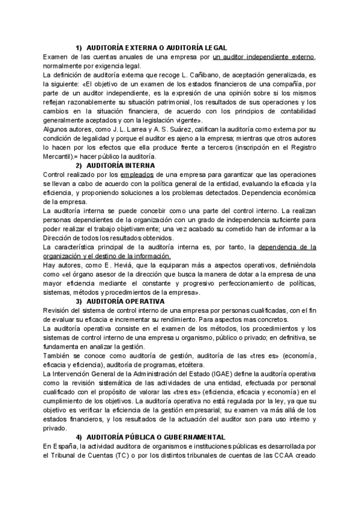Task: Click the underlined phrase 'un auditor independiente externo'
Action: coord(264,56)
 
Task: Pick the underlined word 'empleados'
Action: coord(139,174)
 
